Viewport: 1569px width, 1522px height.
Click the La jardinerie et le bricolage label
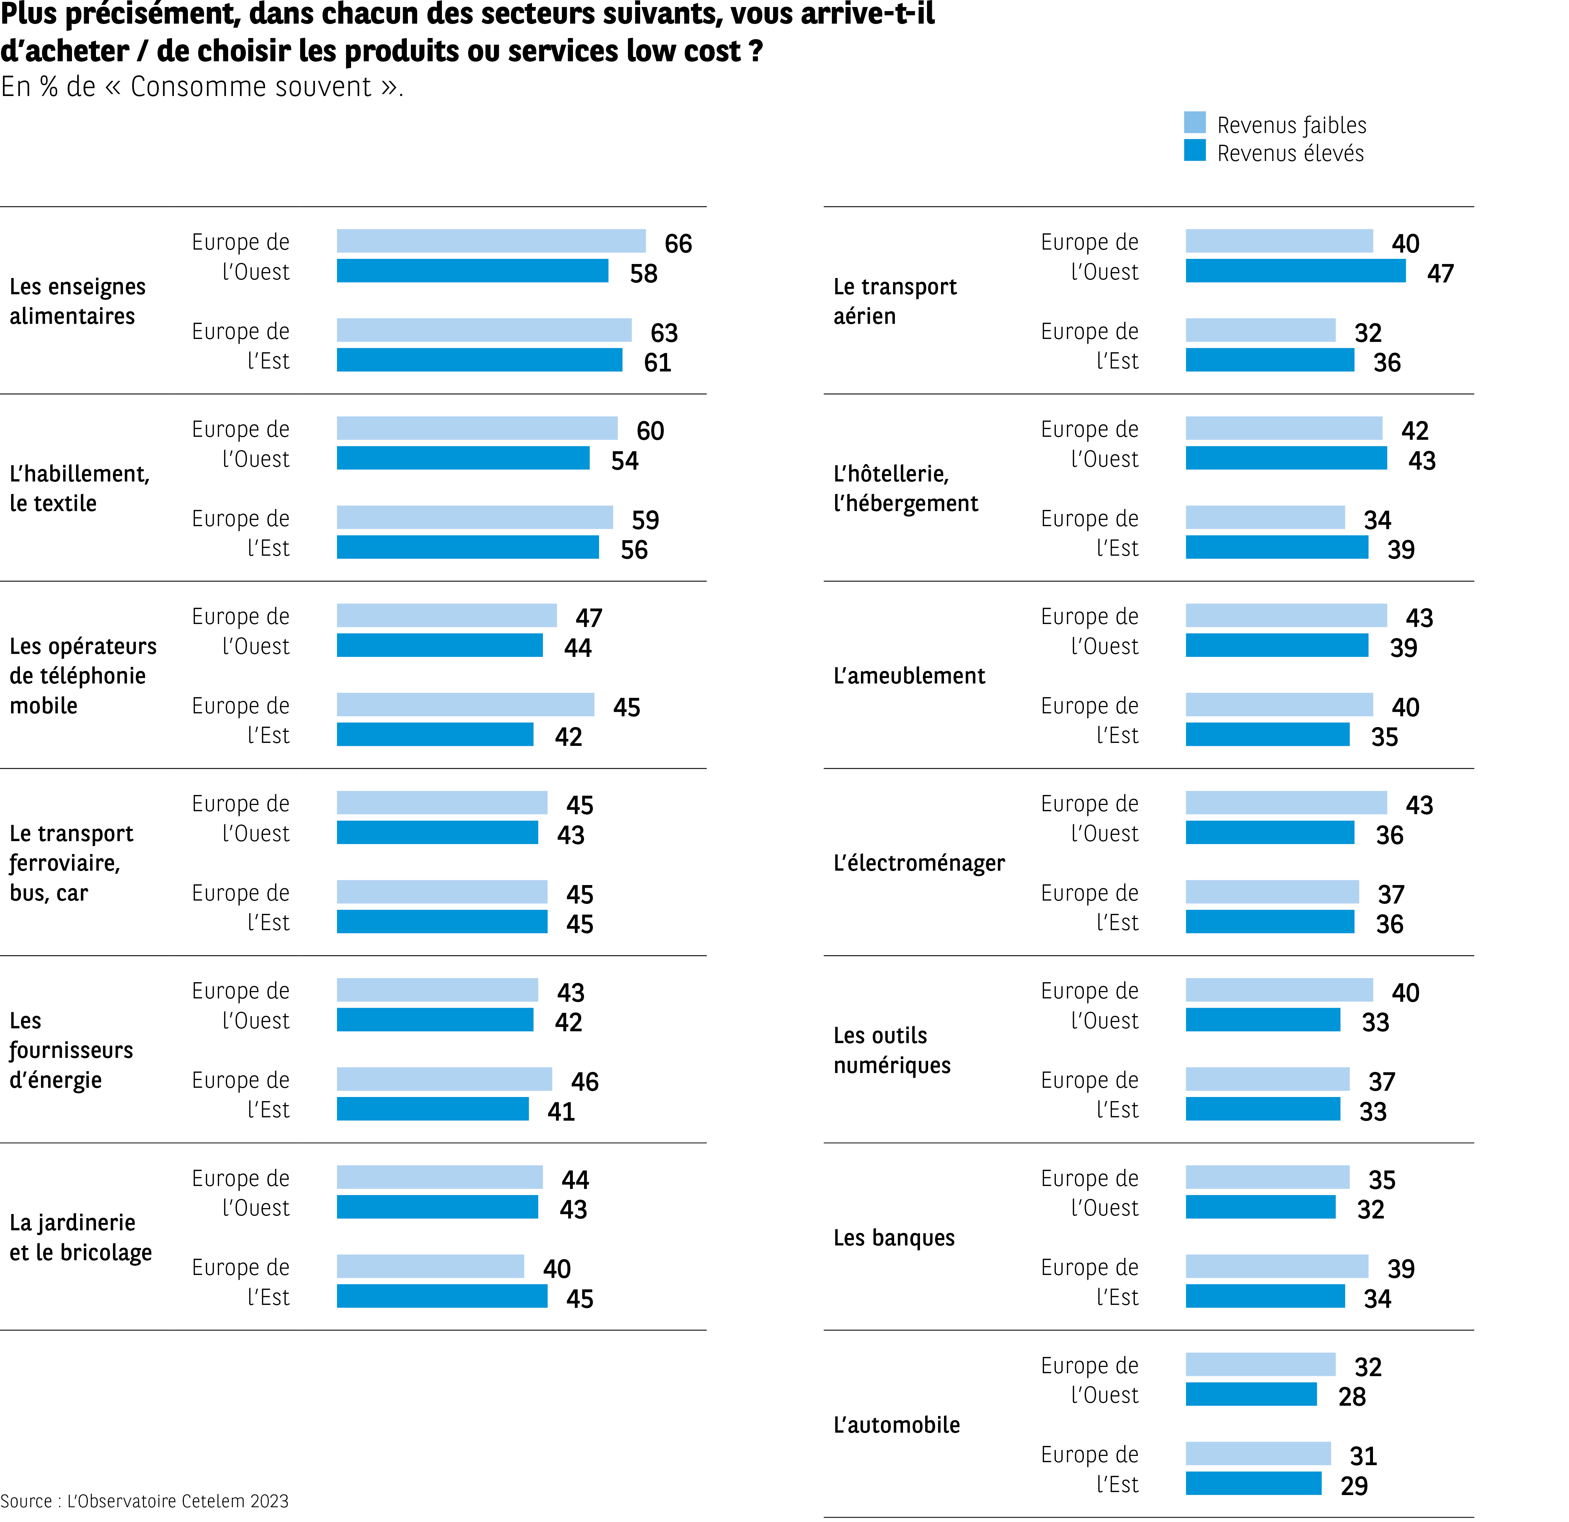click(x=80, y=1238)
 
